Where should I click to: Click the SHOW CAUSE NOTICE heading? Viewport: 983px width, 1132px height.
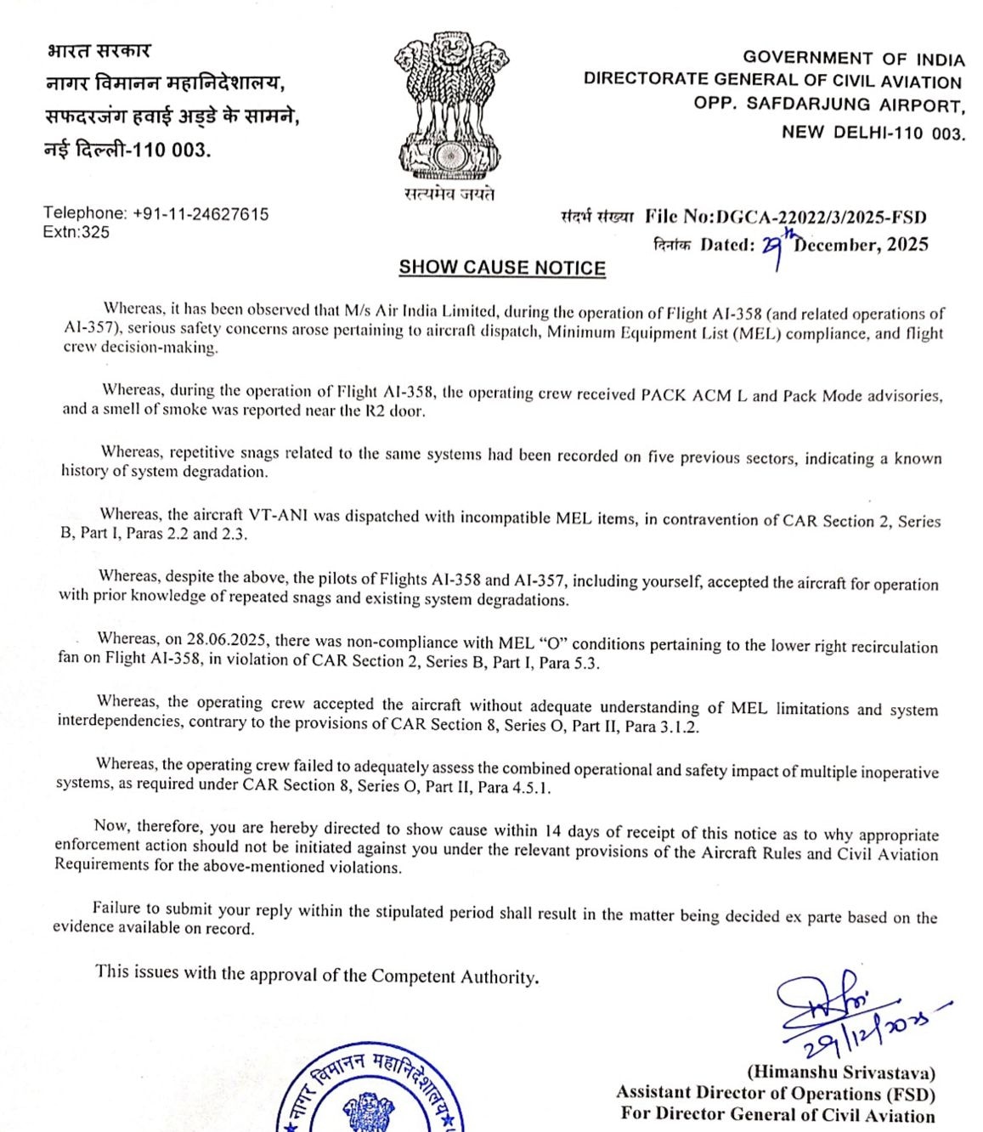pos(502,268)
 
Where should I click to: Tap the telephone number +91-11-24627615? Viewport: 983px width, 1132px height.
pos(201,214)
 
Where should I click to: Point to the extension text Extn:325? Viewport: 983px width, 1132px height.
pos(76,232)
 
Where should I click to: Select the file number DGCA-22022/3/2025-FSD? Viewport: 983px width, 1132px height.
pos(821,218)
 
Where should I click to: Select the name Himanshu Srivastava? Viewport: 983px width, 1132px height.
pos(841,1073)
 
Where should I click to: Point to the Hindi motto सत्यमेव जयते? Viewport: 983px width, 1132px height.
pos(449,195)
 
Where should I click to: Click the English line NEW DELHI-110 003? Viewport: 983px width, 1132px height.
pos(873,133)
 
